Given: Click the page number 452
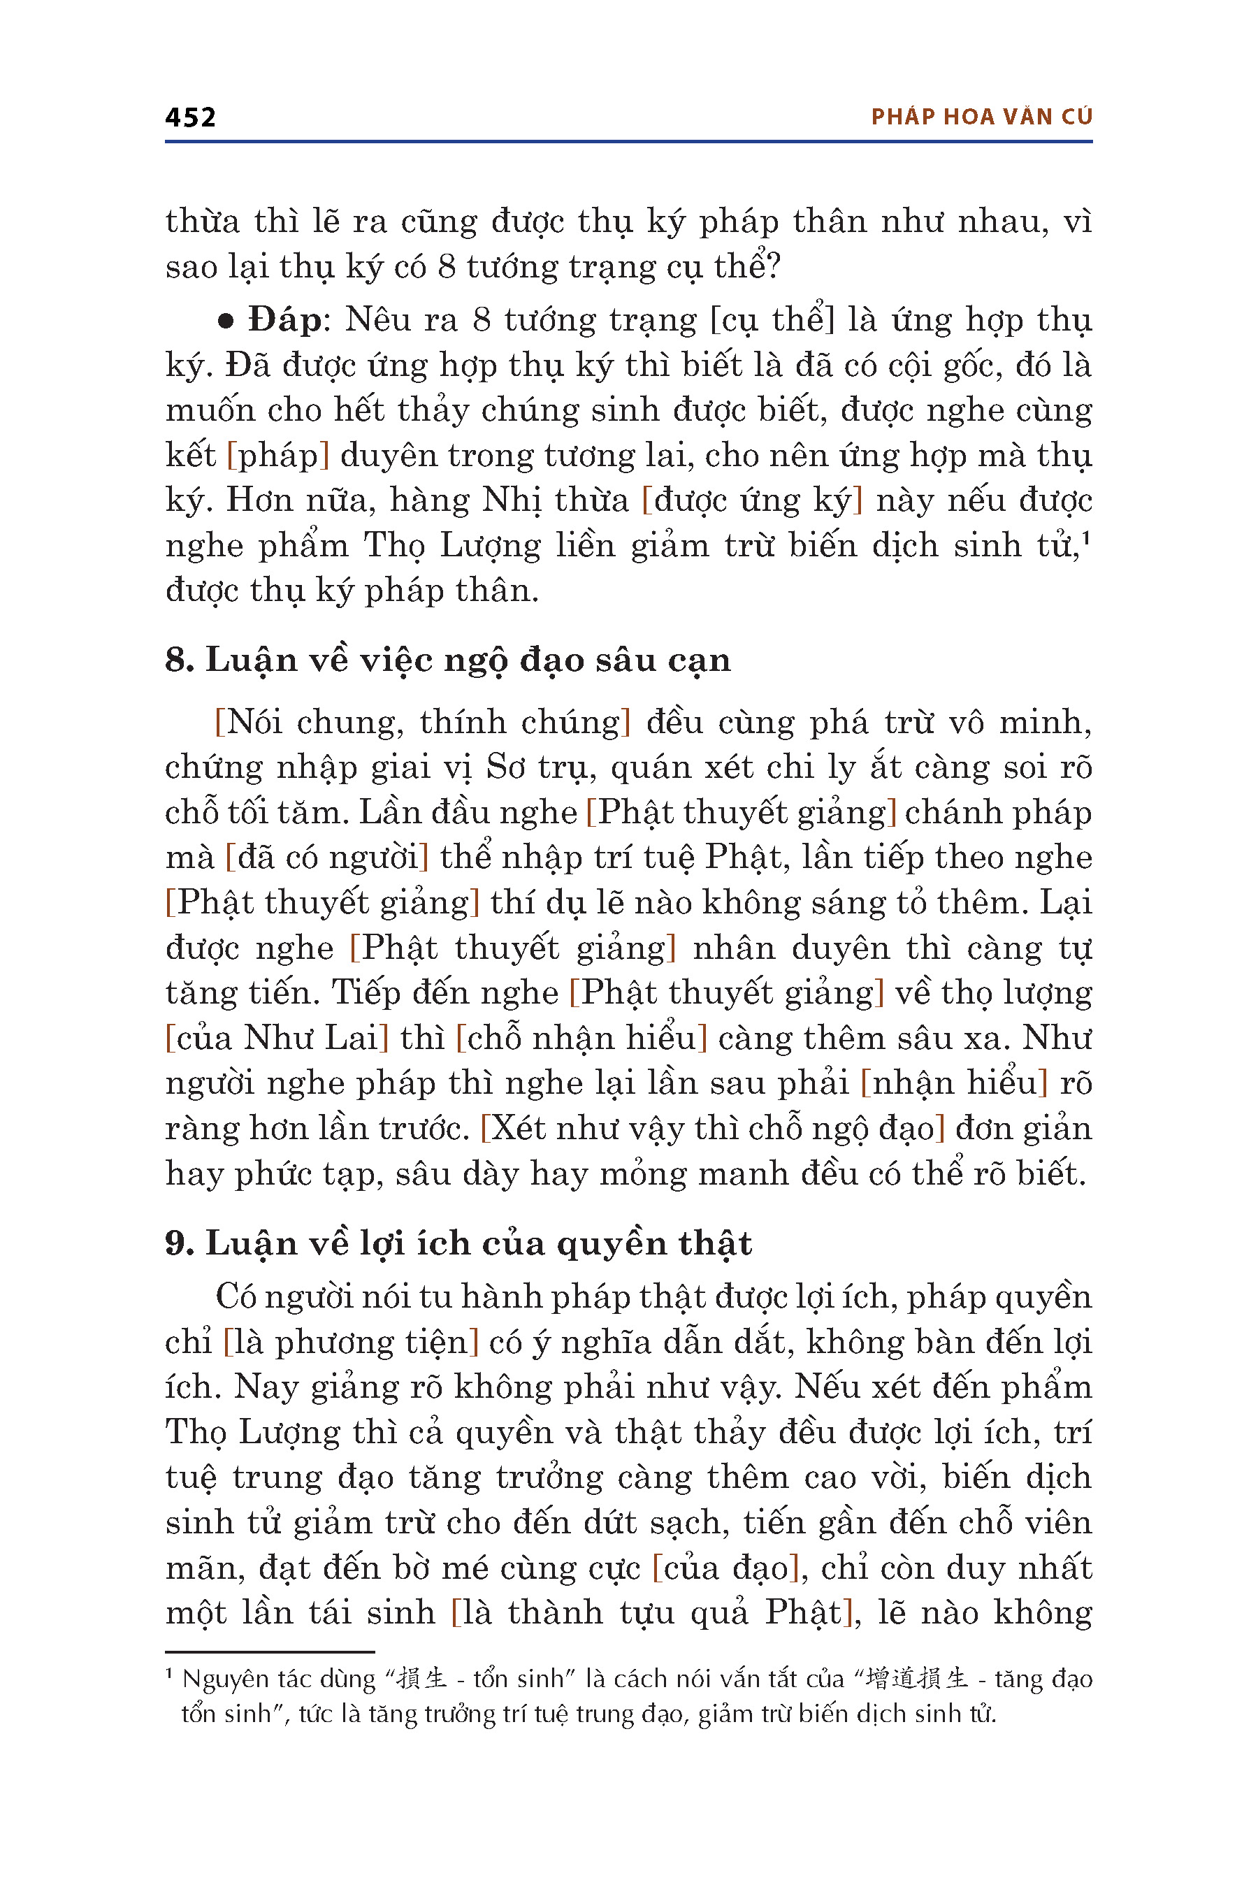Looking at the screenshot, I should [x=190, y=117].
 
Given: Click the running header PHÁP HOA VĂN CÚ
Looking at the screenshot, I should [x=981, y=117].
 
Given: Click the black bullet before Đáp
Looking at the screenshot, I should [x=226, y=321].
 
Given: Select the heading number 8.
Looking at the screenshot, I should [x=178, y=660].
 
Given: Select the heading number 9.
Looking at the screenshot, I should [x=178, y=1243].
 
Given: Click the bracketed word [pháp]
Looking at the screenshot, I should [x=278, y=456].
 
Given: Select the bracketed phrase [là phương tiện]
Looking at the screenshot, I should [x=351, y=1343].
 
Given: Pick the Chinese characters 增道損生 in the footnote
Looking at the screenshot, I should [x=917, y=1679].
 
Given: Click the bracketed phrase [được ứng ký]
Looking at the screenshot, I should [x=753, y=500].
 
